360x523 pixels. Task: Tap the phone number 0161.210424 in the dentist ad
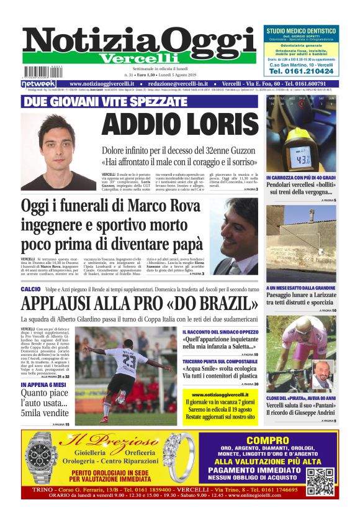pyautogui.click(x=301, y=71)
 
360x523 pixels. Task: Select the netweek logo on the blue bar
pyautogui.click(x=38, y=84)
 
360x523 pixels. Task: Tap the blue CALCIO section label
pyautogui.click(x=30, y=289)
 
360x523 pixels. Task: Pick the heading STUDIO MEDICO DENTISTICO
pyautogui.click(x=301, y=30)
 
